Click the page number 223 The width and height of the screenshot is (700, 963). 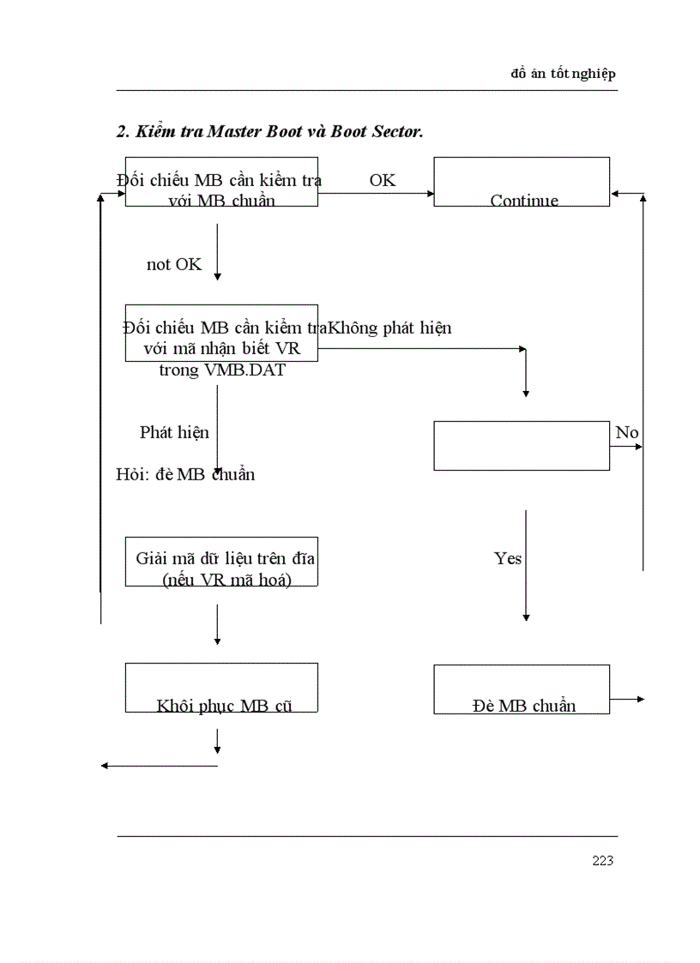tap(602, 861)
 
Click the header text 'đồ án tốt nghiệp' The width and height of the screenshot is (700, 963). tap(563, 74)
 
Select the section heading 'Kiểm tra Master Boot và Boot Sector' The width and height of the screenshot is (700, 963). tap(270, 131)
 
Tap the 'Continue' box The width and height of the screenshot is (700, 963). tap(522, 182)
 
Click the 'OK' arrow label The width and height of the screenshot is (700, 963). tap(383, 180)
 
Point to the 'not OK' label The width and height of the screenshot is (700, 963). tap(174, 265)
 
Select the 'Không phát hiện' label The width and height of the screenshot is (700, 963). tap(390, 328)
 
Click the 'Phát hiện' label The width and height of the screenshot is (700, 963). tap(174, 432)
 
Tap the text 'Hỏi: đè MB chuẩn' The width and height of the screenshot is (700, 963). tap(185, 474)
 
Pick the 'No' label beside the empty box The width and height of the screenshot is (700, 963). tap(627, 432)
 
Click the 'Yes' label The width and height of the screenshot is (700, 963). tap(508, 558)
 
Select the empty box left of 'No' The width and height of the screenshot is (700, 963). tap(522, 445)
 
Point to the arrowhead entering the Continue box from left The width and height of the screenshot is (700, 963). tap(430, 193)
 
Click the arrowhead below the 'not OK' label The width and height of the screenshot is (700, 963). tap(217, 276)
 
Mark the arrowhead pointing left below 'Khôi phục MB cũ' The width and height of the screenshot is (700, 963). tap(105, 765)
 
